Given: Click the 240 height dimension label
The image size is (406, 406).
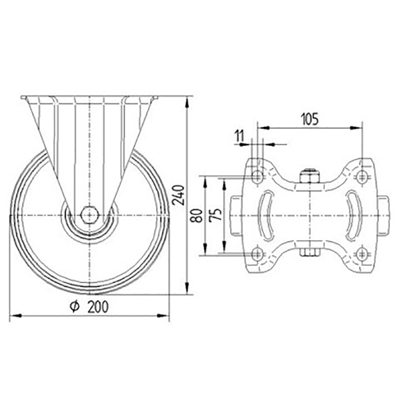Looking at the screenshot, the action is pyautogui.click(x=178, y=195).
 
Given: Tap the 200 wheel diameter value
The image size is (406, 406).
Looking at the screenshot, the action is pyautogui.click(x=98, y=307).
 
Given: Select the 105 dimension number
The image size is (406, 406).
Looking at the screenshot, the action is pyautogui.click(x=309, y=120).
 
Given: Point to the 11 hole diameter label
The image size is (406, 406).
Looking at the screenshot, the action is pyautogui.click(x=239, y=136).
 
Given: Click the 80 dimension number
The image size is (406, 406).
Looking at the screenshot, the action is pyautogui.click(x=197, y=216).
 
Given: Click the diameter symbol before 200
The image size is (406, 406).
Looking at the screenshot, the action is pyautogui.click(x=74, y=307).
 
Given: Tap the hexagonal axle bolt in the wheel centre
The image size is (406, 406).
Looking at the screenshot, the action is pyautogui.click(x=89, y=215).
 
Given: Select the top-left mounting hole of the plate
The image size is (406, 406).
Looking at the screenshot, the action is pyautogui.click(x=258, y=177).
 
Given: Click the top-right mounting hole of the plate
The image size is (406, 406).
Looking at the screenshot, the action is pyautogui.click(x=362, y=177).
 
